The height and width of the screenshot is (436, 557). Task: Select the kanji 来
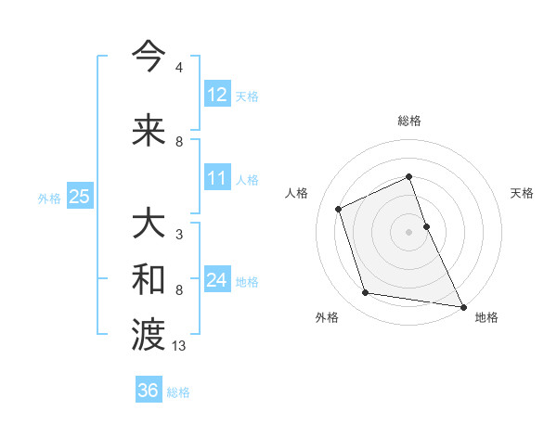(x=149, y=131)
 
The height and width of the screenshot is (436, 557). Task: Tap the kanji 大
(x=149, y=225)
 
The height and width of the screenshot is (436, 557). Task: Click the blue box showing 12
(x=217, y=95)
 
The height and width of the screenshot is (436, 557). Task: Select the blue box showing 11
(x=217, y=178)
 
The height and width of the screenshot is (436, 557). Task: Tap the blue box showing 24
(x=217, y=280)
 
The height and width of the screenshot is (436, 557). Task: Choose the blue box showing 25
(x=80, y=197)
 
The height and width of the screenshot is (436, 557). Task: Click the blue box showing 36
(x=149, y=391)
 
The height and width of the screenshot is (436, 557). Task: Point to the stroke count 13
(x=179, y=346)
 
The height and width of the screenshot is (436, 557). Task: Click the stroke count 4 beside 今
(x=178, y=68)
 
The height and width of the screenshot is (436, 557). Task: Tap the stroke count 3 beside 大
(x=178, y=235)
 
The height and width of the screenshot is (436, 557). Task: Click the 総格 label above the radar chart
(x=408, y=121)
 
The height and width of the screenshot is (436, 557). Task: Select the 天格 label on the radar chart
(x=522, y=193)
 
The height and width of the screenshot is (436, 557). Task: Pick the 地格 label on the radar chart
(x=486, y=317)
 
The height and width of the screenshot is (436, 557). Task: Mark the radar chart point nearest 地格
(x=463, y=307)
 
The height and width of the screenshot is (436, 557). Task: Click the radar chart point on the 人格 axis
(x=339, y=209)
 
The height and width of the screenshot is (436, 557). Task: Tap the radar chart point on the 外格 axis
(x=366, y=293)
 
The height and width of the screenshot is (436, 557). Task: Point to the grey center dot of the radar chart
(x=408, y=232)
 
